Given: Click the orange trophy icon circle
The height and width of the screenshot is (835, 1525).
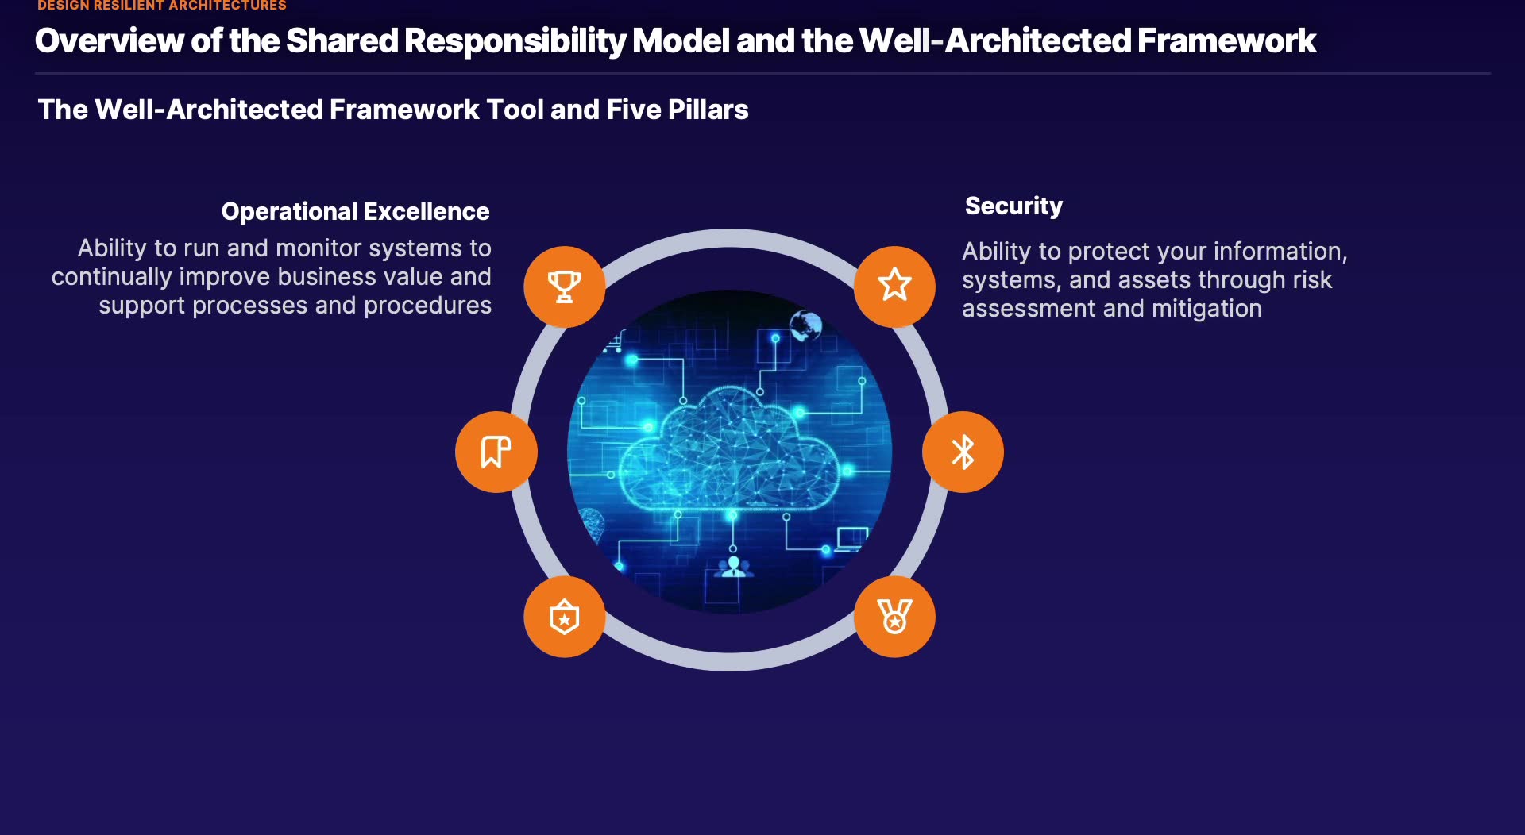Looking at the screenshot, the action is coord(564,287).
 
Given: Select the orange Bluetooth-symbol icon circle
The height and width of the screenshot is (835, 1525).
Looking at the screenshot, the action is coord(963,452).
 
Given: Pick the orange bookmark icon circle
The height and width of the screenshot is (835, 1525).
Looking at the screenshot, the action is coord(496,452).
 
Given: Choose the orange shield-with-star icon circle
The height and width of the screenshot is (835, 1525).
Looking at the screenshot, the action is coord(564,617).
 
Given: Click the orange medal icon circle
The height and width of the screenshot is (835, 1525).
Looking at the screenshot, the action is coord(894,617).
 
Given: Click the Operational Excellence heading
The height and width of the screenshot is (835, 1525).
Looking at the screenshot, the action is coord(355,211).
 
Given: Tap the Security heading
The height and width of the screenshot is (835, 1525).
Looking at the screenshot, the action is coord(1013,206).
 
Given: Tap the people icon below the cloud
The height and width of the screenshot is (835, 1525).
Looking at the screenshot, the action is coord(733,567).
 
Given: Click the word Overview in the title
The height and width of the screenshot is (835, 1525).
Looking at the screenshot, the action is coord(109,40).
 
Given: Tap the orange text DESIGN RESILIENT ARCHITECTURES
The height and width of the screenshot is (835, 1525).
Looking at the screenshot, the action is coord(162,6).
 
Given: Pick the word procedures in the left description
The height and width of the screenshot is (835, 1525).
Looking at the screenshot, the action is coord(427,306).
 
